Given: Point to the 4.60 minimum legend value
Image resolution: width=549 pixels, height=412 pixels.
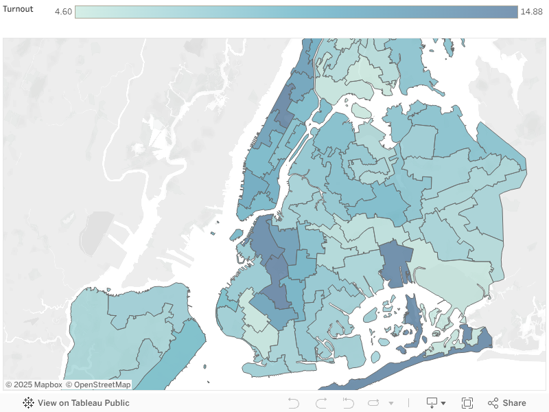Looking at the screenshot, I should click(x=63, y=12).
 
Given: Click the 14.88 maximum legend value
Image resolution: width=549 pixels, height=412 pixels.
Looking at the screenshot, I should click(x=531, y=12).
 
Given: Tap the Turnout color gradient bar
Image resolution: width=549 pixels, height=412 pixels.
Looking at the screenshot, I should click(x=296, y=12).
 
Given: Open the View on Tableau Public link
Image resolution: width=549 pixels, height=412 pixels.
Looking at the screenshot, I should click(x=83, y=403).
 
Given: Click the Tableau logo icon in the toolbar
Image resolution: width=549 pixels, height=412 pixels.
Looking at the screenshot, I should click(x=29, y=403).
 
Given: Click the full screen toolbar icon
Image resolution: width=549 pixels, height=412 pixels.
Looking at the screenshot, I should click(x=467, y=403).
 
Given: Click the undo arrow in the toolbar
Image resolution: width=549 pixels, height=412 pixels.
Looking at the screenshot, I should click(x=294, y=403).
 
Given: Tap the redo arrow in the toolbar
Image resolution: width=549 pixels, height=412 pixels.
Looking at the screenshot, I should click(x=321, y=403).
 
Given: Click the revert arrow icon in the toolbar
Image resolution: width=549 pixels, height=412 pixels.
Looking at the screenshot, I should click(x=348, y=403).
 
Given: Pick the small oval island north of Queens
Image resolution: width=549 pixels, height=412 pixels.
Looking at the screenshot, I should click(x=362, y=111).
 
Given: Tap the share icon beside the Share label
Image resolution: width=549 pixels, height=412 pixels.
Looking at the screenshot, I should click(x=493, y=403).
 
